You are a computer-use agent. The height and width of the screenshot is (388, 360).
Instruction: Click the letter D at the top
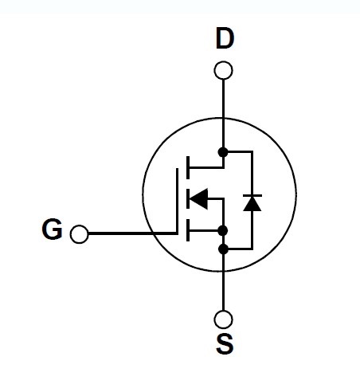(x=225, y=38)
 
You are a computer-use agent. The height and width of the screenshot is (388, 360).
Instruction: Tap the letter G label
(x=52, y=229)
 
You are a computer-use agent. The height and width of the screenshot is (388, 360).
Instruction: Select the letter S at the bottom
(x=225, y=344)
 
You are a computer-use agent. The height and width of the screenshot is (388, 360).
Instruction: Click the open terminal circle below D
(x=223, y=70)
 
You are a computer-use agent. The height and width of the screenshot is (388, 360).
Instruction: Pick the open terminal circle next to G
(x=80, y=234)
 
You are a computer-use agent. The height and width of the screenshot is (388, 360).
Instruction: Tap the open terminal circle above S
(x=223, y=319)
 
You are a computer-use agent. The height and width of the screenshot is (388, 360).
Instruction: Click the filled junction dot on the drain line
(x=223, y=152)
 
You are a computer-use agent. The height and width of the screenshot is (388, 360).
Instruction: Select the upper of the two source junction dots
(x=223, y=230)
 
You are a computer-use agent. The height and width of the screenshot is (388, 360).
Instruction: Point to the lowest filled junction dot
(x=223, y=249)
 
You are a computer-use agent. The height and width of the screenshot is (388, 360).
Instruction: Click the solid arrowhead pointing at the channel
(x=199, y=198)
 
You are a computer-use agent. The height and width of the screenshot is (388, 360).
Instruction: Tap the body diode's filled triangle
(x=252, y=204)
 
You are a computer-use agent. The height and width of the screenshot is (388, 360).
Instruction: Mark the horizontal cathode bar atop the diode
(x=252, y=195)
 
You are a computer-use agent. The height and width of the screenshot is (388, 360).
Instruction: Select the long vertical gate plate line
(x=177, y=201)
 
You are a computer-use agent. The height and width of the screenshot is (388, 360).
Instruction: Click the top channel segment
(x=188, y=167)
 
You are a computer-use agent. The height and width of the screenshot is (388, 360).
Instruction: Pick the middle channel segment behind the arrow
(x=188, y=198)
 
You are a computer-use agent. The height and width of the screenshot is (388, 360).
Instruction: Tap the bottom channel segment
(x=188, y=230)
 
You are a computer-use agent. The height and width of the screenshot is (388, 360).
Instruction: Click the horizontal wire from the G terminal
(x=132, y=233)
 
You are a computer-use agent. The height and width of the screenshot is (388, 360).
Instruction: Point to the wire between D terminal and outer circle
(x=223, y=99)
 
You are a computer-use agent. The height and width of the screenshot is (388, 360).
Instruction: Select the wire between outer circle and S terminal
(x=223, y=291)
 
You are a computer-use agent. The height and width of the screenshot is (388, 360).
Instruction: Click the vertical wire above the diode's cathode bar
(x=252, y=174)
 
